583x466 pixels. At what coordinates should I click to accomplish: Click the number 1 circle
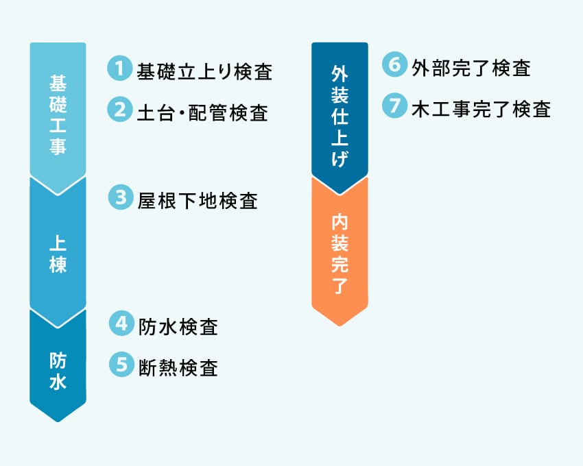pos(120,68)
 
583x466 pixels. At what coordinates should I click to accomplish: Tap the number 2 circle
pos(120,109)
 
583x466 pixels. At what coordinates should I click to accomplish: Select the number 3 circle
pos(121,197)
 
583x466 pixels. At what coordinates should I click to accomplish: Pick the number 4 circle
pos(121,323)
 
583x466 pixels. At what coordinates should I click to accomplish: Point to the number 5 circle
pos(121,364)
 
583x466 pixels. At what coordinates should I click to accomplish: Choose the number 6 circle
pos(394,64)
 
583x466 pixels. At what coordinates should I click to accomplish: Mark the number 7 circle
pos(394,106)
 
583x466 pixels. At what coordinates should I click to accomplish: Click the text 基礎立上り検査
pos(204,71)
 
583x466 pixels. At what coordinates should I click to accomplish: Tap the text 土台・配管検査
pos(202,112)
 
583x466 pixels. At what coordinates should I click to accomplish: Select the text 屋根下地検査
pos(198,201)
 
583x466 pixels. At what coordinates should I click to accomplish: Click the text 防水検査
pos(178,327)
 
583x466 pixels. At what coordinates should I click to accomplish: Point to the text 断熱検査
pos(178,368)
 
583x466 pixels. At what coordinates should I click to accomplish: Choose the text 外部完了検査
pos(471,68)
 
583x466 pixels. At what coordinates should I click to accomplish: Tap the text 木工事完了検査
pos(481,109)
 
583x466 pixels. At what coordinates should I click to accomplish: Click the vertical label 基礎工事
pos(58,114)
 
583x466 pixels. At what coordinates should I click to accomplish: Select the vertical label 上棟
pos(58,254)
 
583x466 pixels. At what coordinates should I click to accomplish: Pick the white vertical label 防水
pos(58,371)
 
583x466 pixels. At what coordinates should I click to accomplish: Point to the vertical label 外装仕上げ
pos(340,116)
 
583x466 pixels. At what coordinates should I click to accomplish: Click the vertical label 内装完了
pos(340,254)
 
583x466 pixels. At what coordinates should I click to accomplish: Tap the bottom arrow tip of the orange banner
pos(340,326)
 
